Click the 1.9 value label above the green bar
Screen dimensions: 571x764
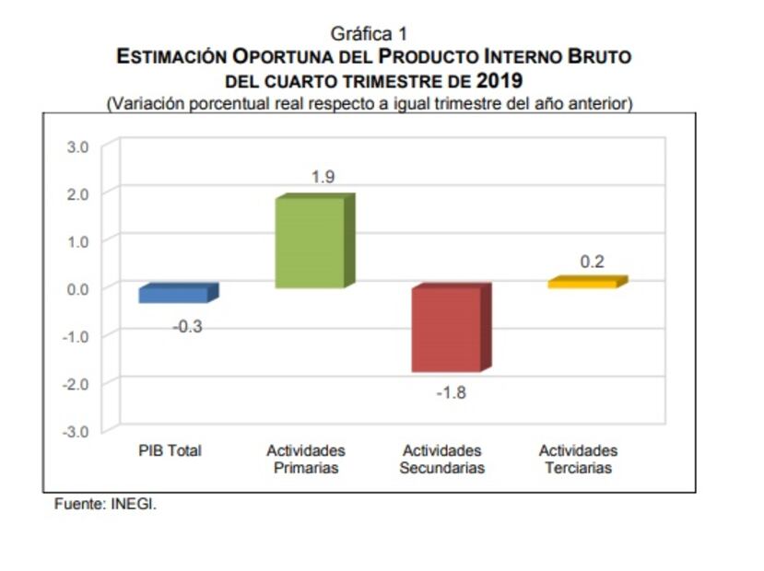[x=323, y=177]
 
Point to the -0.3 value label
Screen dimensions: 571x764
[x=187, y=327]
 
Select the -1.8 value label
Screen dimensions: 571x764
[x=451, y=392]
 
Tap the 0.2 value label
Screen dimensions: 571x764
[x=593, y=262]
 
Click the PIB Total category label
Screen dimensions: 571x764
[x=170, y=451]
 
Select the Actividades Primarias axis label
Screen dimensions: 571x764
[x=306, y=460]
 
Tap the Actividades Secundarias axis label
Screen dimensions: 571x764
[x=441, y=460]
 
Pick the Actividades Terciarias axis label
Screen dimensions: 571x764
[x=578, y=460]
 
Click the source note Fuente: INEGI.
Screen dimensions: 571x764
[x=105, y=505]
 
